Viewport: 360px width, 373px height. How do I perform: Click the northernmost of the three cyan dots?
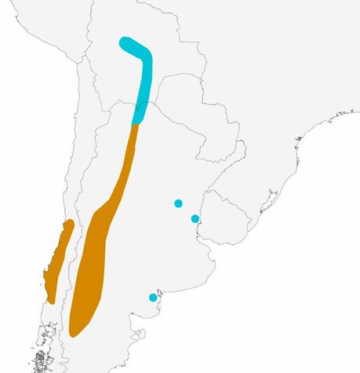pyautogui.click(x=178, y=203)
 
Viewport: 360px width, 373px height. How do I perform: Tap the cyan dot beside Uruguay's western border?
pyautogui.click(x=195, y=218)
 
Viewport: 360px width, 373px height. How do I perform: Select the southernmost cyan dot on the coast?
pyautogui.click(x=153, y=297)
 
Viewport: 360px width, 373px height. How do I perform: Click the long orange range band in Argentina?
pyautogui.click(x=98, y=251)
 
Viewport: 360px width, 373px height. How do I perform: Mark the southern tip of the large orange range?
pyautogui.click(x=74, y=331)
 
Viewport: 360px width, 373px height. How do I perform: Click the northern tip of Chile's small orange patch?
pyautogui.click(x=70, y=223)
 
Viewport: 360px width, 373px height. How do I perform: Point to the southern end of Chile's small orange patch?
pyautogui.click(x=50, y=301)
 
